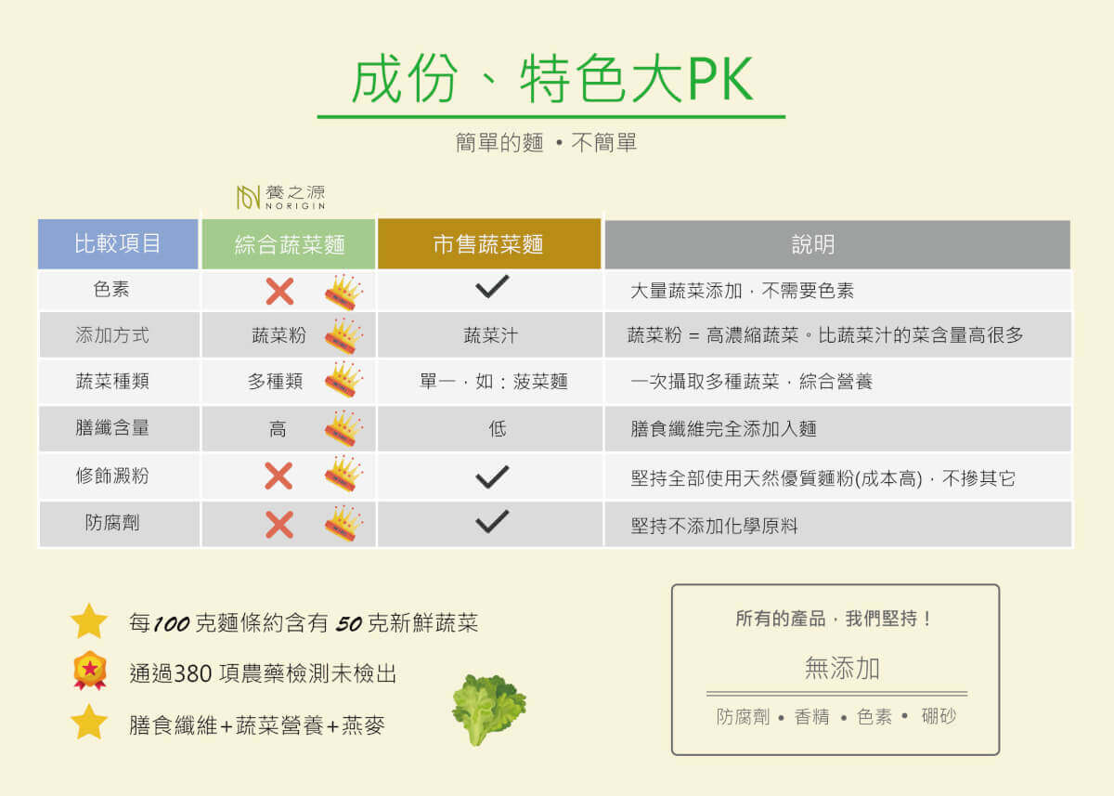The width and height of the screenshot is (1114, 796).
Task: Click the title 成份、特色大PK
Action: [x=552, y=79]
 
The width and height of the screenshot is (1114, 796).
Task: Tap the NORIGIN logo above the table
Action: [x=281, y=197]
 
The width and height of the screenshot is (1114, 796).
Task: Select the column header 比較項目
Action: [x=118, y=243]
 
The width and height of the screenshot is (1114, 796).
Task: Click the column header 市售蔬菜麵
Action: [x=489, y=243]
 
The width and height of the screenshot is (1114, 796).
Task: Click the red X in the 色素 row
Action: [x=279, y=291]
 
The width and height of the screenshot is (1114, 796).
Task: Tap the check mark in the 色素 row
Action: [x=492, y=287]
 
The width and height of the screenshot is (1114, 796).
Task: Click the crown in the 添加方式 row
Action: [x=343, y=336]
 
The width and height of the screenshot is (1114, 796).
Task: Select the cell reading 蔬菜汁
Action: [x=490, y=335]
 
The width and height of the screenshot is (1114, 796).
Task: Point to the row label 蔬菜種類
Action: [x=112, y=381]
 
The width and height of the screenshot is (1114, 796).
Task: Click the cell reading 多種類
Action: [x=275, y=381]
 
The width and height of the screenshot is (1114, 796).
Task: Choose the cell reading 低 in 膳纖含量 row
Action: [x=498, y=428]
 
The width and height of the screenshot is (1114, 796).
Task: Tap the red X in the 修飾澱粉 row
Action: [x=278, y=476]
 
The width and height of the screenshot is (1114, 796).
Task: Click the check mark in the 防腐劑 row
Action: [x=492, y=521]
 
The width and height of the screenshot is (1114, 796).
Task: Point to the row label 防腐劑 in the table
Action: [x=112, y=522]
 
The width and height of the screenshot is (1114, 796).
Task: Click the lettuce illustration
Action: [x=488, y=710]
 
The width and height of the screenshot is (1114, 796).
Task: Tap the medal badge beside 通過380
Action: [x=89, y=670]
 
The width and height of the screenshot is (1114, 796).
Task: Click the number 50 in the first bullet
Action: [x=349, y=624]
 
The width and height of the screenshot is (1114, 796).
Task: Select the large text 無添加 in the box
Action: [x=842, y=668]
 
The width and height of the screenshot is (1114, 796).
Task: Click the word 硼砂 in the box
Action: [x=939, y=716]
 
